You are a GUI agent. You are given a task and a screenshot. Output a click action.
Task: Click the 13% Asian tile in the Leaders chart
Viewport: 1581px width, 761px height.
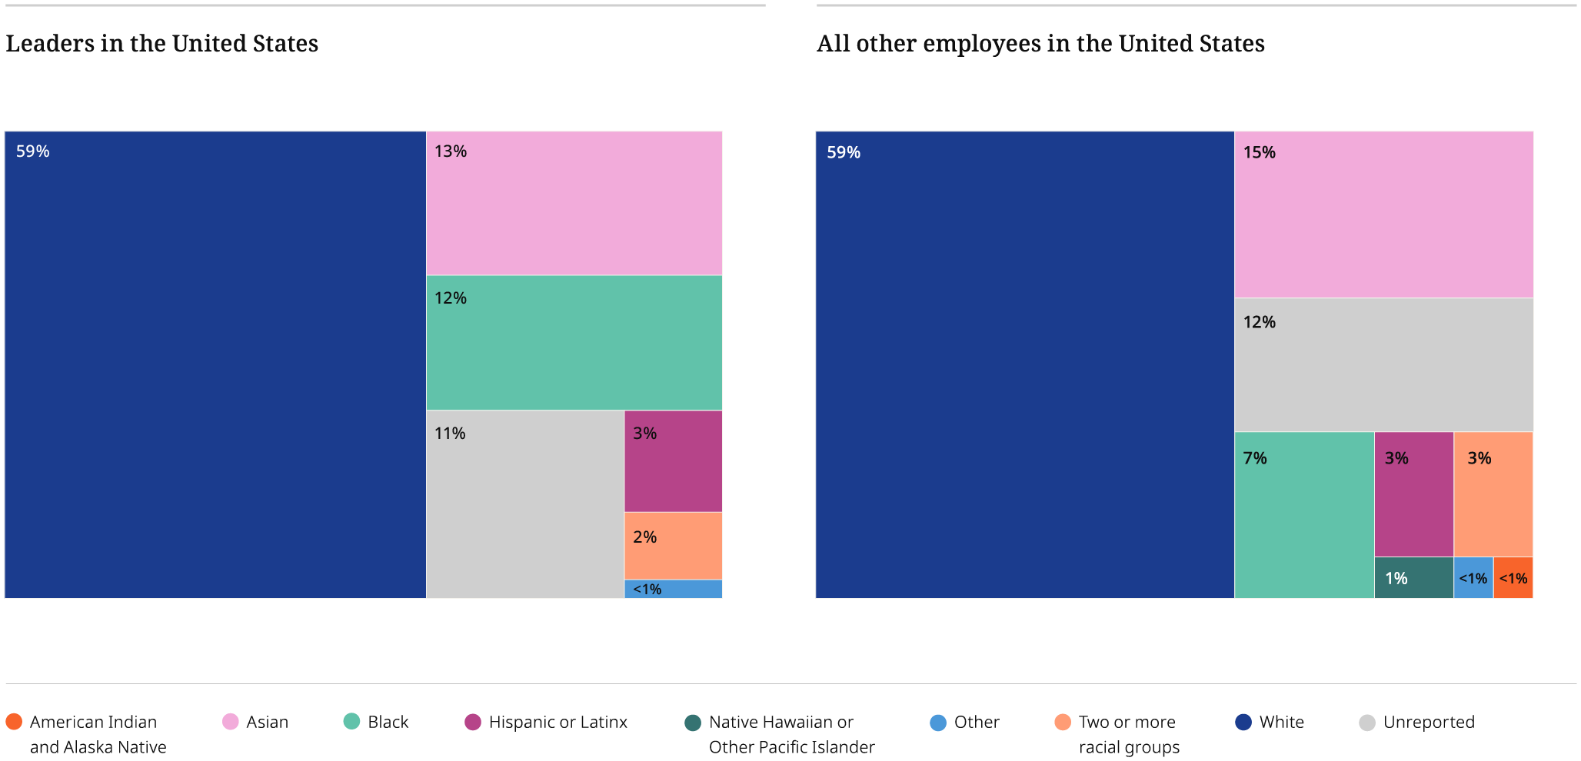[574, 203]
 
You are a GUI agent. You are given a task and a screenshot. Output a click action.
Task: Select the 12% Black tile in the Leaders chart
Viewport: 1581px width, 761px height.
[574, 343]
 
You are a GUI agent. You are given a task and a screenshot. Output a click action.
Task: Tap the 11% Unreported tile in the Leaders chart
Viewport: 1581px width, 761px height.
[524, 504]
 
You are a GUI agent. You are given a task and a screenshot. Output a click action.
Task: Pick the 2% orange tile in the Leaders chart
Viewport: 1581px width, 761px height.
[673, 546]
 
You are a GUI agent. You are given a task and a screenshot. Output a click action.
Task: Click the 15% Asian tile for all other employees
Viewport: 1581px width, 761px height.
[1383, 214]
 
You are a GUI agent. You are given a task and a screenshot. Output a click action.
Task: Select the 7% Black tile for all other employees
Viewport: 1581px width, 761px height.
[1304, 515]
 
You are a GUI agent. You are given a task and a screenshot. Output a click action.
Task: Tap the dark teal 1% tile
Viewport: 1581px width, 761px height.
[1413, 578]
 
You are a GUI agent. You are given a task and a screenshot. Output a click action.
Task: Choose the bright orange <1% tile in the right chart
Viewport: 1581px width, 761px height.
[1513, 578]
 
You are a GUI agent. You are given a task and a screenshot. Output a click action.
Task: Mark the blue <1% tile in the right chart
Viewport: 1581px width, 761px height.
[1473, 578]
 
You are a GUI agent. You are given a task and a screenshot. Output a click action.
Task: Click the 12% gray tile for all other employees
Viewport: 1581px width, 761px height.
[1383, 365]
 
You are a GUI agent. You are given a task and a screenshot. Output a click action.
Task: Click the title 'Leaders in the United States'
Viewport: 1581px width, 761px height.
[161, 44]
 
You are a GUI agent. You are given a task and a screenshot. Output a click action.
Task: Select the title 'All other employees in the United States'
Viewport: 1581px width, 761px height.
[1040, 44]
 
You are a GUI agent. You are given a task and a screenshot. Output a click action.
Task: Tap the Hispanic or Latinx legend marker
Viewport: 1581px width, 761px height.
[473, 723]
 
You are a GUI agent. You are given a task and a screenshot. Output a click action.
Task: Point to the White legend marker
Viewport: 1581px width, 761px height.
[1243, 723]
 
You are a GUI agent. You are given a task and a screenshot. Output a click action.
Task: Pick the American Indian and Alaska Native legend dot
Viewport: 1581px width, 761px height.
[14, 723]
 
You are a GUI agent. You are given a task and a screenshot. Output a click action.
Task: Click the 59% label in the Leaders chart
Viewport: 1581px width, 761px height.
[32, 151]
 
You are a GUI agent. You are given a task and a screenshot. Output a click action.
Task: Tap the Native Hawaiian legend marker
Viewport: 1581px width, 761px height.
[693, 723]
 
